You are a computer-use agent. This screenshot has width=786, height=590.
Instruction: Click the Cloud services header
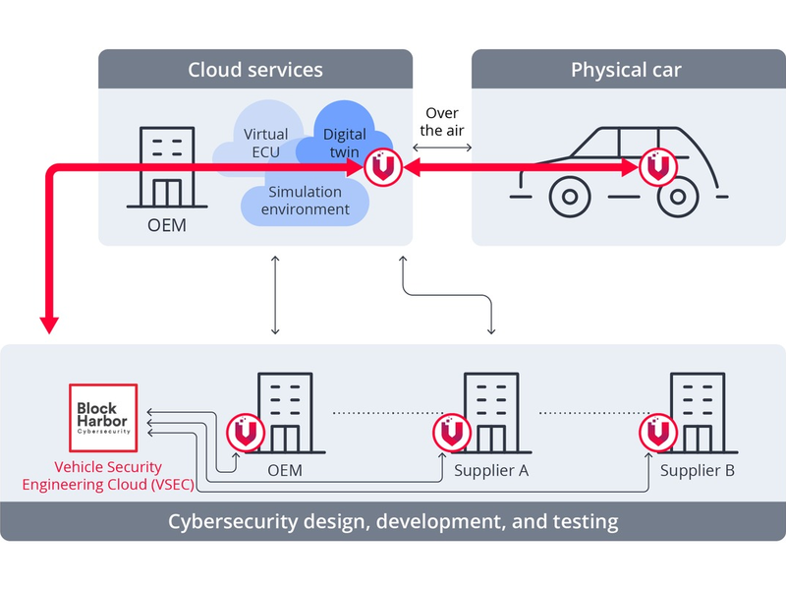point(255,70)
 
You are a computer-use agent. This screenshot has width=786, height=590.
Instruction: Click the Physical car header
point(626,70)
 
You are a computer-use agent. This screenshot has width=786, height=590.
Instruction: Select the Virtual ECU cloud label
point(265,143)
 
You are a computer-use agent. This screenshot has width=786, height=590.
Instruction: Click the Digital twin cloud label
point(344,143)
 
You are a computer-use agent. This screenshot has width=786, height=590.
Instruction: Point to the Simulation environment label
point(305,201)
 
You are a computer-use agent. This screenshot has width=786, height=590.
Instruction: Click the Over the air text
point(442,122)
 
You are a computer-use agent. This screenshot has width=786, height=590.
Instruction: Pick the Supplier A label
point(491,471)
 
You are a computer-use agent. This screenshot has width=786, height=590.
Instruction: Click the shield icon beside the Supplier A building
point(450,432)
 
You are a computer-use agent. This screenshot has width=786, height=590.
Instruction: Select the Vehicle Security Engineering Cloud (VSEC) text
point(93,476)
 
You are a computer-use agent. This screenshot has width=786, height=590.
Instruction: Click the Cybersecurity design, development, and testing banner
point(393,521)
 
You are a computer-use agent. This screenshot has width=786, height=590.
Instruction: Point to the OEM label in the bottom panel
point(285,471)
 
